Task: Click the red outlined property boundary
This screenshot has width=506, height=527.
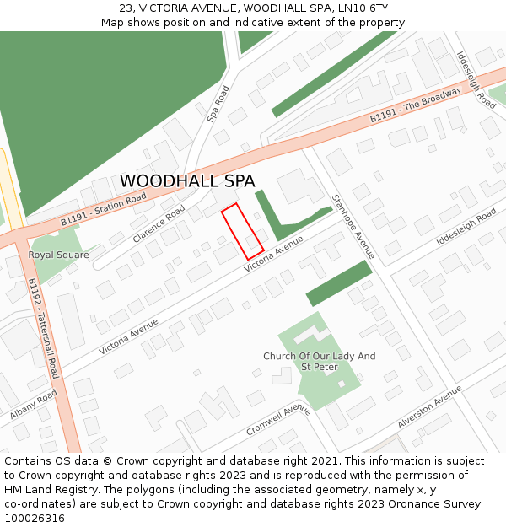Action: click(x=243, y=231)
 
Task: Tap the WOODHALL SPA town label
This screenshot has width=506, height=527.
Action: click(x=187, y=181)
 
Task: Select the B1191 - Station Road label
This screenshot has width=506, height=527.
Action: click(x=103, y=210)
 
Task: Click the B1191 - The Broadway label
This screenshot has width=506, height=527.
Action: click(x=416, y=106)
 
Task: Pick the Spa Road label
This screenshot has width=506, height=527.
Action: click(x=218, y=104)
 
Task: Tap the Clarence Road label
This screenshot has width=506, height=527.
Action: click(x=159, y=224)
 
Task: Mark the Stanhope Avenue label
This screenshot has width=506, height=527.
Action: click(x=353, y=228)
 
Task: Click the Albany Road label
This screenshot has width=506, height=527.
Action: click(x=34, y=405)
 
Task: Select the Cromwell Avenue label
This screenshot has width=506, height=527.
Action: click(x=279, y=419)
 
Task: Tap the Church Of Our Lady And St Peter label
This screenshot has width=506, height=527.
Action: click(x=319, y=362)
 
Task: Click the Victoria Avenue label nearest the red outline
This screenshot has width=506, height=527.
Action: click(x=273, y=254)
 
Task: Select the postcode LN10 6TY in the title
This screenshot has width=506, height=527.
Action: click(x=364, y=8)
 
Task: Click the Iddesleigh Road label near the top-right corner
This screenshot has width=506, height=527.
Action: click(x=476, y=80)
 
